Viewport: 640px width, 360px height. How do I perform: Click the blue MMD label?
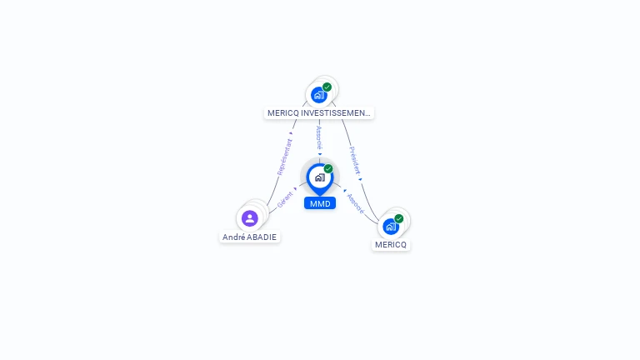click(319, 203)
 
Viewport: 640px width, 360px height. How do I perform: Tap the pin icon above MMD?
click(319, 177)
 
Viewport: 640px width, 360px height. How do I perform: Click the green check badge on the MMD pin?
click(328, 169)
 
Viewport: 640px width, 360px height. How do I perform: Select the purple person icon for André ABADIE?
click(249, 218)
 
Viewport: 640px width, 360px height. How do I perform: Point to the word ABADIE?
click(262, 237)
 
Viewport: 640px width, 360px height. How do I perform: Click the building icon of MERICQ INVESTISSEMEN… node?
click(318, 95)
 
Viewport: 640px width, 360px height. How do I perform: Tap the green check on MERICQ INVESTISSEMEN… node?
click(327, 87)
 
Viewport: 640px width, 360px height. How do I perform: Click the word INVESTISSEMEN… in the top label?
click(337, 112)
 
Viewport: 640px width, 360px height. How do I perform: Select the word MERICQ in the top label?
click(284, 112)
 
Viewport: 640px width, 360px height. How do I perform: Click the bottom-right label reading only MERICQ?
click(391, 245)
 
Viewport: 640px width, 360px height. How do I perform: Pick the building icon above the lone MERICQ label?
click(390, 227)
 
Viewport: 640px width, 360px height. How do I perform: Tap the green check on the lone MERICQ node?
click(399, 218)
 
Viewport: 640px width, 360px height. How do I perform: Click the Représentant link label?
click(285, 156)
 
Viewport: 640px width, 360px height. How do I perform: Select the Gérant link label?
click(286, 200)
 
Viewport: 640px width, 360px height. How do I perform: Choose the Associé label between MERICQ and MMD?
click(356, 203)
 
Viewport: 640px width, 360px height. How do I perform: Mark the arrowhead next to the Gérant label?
click(297, 189)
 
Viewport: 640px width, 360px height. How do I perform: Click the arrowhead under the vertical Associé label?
click(319, 153)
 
